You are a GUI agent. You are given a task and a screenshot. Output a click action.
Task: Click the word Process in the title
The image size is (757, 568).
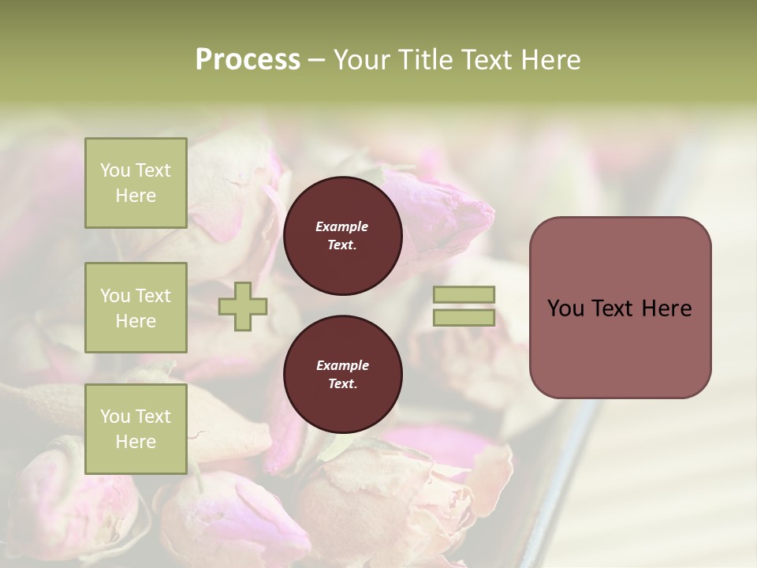[x=248, y=60]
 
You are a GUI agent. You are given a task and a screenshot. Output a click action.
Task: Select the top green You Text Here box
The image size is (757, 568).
[x=136, y=183]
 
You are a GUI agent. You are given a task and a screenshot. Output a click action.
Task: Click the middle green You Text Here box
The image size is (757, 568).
[x=136, y=308]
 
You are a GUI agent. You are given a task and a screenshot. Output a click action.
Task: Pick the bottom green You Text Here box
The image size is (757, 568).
[x=136, y=428]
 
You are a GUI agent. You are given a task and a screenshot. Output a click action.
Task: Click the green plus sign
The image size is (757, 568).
[x=243, y=307]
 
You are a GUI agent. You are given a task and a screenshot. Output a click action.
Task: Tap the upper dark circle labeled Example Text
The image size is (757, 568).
[x=342, y=236]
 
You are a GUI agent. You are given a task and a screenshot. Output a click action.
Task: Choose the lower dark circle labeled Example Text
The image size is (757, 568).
[x=342, y=375]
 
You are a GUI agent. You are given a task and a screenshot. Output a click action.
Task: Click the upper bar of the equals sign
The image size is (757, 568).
[x=464, y=295]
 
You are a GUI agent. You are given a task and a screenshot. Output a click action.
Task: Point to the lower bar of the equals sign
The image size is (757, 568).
[x=464, y=318]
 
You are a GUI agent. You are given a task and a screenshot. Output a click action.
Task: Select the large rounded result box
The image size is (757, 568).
[x=620, y=307]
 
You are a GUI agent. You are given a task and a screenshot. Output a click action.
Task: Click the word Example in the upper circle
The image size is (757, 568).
[x=342, y=226]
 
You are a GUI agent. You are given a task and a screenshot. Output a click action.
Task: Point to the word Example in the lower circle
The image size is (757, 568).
[x=342, y=365]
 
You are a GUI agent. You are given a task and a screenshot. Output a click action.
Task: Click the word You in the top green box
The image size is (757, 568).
[x=115, y=170]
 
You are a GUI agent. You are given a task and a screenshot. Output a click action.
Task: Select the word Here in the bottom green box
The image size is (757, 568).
[x=136, y=442]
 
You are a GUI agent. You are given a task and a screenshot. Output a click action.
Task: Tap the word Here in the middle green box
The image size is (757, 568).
[x=136, y=321]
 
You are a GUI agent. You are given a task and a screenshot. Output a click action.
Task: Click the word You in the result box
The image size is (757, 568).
[x=565, y=308]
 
